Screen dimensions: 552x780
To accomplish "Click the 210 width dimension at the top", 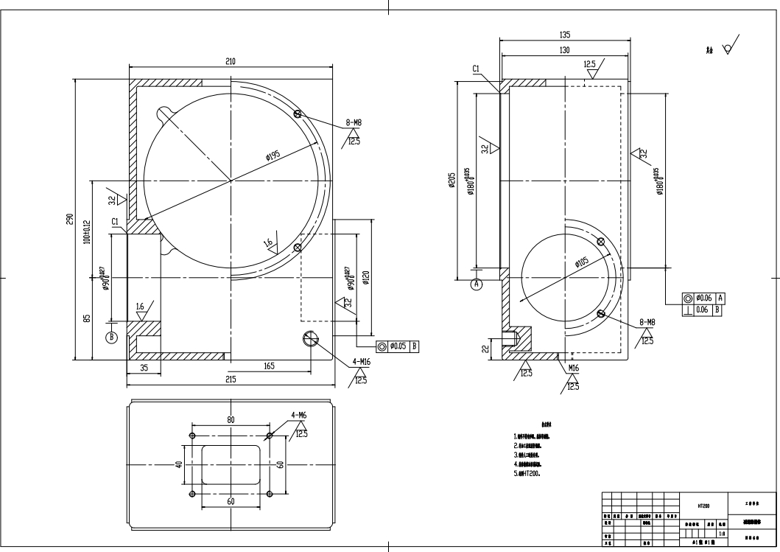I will point(231,61).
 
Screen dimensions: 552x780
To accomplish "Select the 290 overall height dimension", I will point(70,220).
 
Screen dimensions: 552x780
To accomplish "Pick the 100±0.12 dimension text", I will point(86,231).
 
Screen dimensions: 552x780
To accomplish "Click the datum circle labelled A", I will point(476,283).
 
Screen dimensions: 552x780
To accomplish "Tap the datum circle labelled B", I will point(112,338).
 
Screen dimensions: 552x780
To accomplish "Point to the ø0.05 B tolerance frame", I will point(398,345).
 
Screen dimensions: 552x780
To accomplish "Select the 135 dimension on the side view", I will point(565,34).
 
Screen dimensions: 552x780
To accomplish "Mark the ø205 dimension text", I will point(452,181).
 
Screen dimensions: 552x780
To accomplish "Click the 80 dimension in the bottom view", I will point(231,419).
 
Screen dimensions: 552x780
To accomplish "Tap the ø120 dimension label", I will point(366,279).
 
